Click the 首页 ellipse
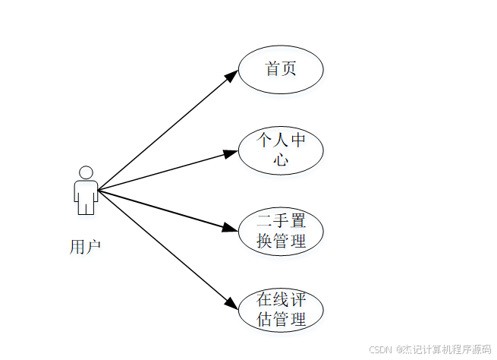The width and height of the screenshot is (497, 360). click(281, 69)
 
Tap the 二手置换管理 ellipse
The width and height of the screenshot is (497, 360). click(281, 231)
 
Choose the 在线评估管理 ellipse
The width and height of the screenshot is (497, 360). click(281, 310)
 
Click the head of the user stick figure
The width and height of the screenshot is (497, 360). click(86, 172)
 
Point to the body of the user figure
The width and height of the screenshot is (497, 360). click(86, 197)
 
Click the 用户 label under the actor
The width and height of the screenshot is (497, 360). click(85, 246)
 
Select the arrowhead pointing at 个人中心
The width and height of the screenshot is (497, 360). click(231, 153)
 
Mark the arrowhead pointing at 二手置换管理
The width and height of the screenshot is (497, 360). click(231, 227)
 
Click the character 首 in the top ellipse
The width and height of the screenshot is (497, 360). click(272, 69)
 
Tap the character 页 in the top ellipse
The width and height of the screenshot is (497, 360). click(289, 69)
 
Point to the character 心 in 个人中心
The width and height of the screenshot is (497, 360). click(281, 159)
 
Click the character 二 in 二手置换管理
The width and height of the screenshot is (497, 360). click(264, 223)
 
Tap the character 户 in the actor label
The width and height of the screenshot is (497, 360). click(93, 246)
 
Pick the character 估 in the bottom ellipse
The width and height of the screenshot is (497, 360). click(264, 319)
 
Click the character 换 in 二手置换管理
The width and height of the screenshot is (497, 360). click(264, 241)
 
